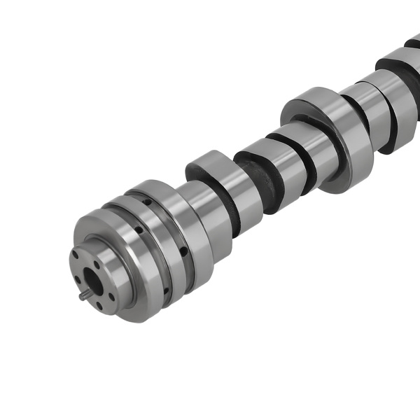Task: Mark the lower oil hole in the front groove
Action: click(x=166, y=291)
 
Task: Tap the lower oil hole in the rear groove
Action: click(x=183, y=251)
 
